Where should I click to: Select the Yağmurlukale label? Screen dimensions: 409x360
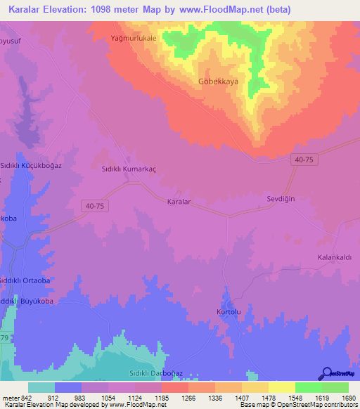(134, 38)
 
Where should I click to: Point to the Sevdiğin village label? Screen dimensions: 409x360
(279, 199)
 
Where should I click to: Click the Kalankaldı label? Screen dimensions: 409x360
(335, 257)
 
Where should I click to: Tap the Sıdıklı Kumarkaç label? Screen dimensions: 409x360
(129, 169)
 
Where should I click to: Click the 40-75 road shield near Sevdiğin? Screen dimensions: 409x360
(304, 160)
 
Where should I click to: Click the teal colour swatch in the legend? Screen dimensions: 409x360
(41, 387)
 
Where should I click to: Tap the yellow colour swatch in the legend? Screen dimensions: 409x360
(282, 387)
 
